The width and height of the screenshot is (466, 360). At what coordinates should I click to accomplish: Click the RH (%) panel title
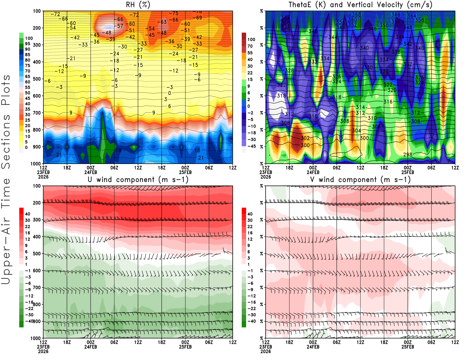(138, 5)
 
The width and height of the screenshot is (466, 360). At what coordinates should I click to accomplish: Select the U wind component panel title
(138, 180)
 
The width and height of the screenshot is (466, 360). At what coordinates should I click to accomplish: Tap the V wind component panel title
(360, 180)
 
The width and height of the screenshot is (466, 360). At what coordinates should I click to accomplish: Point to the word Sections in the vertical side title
(6, 141)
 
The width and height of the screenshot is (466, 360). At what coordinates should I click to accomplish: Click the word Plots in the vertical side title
(6, 90)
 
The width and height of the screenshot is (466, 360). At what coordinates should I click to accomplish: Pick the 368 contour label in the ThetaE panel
(356, 14)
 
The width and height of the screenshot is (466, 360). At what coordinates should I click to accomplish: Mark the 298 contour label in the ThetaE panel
(407, 154)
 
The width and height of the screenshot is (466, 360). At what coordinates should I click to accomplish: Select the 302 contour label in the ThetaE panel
(305, 138)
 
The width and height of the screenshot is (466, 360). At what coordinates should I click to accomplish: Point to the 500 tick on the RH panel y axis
(37, 79)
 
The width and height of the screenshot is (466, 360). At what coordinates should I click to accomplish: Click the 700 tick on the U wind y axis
(37, 287)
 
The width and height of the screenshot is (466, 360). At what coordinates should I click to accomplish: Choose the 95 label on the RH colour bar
(28, 44)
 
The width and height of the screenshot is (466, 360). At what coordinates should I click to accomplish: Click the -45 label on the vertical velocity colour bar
(251, 146)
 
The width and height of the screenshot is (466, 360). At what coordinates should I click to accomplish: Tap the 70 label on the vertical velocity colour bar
(250, 46)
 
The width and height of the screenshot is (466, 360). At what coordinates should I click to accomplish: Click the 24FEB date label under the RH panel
(91, 172)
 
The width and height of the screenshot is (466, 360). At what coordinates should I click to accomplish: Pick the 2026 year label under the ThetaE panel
(266, 177)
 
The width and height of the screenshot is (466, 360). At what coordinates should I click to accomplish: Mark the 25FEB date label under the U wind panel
(185, 347)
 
